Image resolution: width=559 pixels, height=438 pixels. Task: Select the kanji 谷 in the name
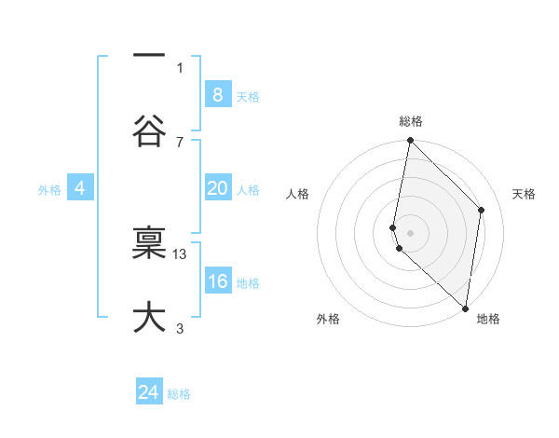149,130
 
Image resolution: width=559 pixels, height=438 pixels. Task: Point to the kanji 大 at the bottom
149,318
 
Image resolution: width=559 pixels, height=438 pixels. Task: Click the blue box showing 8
217,95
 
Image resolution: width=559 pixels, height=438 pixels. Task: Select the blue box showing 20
217,188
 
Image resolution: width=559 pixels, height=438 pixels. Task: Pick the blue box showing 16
217,281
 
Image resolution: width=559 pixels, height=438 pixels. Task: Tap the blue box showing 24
149,392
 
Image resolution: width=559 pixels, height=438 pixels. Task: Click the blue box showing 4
80,188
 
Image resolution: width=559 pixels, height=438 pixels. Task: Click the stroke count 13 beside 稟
181,253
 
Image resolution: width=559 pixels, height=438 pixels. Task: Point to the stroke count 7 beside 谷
180,142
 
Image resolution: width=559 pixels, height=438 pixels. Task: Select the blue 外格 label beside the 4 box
49,189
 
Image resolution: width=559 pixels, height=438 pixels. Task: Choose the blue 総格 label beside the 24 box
179,394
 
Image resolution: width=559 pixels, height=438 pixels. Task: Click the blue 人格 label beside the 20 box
248,189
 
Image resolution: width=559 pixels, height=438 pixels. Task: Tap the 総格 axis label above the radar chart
411,121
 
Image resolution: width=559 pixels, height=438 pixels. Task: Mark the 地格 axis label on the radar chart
488,319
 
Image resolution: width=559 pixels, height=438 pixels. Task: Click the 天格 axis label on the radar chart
524,194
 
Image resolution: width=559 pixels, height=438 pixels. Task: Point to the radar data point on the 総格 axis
410,141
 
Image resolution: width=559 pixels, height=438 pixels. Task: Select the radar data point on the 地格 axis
465,308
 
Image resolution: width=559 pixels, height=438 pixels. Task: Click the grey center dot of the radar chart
410,232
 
